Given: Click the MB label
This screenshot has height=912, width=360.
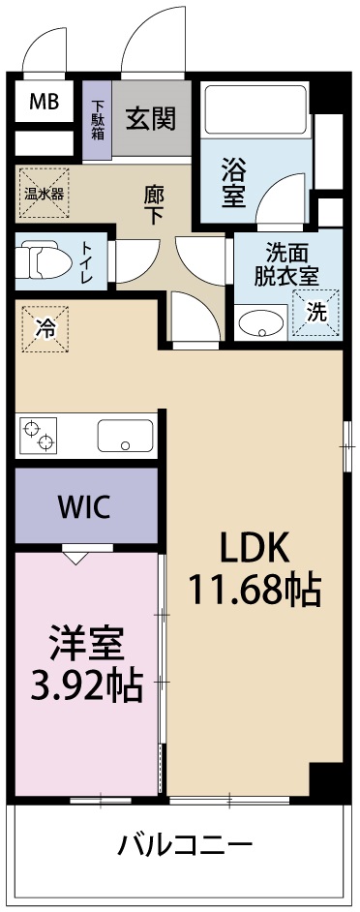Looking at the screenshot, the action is [x=43, y=101].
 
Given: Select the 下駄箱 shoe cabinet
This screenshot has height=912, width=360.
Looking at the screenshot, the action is [x=99, y=119].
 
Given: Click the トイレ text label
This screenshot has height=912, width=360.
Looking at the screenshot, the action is [x=86, y=262].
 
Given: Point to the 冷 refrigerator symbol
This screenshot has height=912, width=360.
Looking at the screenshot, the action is [x=45, y=328].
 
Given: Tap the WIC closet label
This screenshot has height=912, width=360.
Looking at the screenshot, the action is [x=84, y=505].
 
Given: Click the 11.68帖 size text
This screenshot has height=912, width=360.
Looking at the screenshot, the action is [x=255, y=588].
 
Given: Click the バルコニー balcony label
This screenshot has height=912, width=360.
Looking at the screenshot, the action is [x=185, y=843].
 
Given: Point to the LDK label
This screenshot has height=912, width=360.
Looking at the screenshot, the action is [x=254, y=548].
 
